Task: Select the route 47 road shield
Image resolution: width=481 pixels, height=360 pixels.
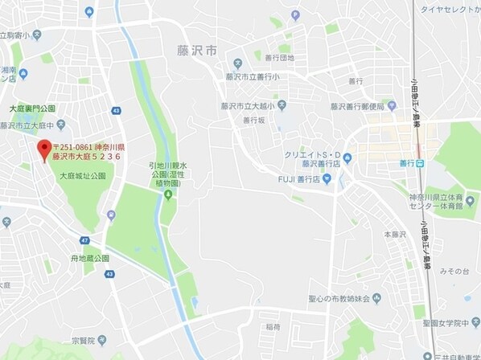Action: click(x=85, y=240)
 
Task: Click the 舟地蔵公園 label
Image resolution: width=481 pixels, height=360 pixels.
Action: click(x=89, y=259)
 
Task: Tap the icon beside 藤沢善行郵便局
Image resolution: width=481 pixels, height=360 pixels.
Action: click(x=391, y=105)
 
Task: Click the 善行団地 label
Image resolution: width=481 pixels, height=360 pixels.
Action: click(x=279, y=58)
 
